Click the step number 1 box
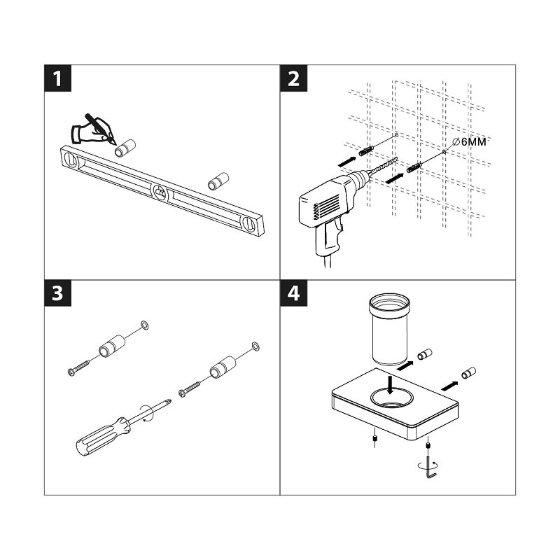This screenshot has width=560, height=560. click(x=57, y=78)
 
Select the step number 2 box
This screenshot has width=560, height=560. click(x=293, y=78)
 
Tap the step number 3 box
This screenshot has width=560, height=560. click(x=57, y=293)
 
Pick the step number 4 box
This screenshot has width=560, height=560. click(x=293, y=293)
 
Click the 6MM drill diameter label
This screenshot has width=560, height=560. click(x=469, y=142)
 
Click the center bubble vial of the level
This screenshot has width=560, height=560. click(x=160, y=193)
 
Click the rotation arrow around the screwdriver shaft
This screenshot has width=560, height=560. click(x=147, y=413)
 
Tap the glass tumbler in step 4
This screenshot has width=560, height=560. click(x=389, y=329)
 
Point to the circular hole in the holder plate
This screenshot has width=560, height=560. click(x=392, y=398)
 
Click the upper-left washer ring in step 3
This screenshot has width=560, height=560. click(x=145, y=325)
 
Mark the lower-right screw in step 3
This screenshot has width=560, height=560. click(x=189, y=389)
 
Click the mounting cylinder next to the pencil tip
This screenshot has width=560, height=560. click(x=125, y=148)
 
